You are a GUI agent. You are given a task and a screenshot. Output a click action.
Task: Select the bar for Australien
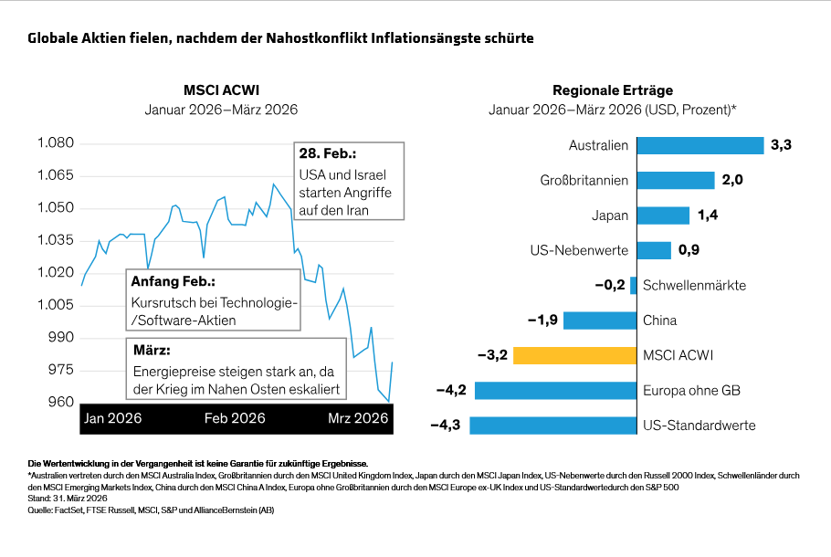pos(700,145)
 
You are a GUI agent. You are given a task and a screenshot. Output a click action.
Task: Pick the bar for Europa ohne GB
pos(556,390)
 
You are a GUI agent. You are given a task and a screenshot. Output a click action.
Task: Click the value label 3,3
pos(781,145)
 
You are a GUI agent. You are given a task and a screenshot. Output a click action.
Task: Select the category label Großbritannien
pos(584,181)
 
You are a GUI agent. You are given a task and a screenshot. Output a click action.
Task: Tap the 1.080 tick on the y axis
pos(55,143)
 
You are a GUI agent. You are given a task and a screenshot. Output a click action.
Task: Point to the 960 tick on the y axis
pos(60,403)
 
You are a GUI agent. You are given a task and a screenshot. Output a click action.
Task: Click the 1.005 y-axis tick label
pos(55,306)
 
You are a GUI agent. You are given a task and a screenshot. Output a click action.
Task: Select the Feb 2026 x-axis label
pos(235,418)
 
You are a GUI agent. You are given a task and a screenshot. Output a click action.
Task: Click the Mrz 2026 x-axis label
pos(358,418)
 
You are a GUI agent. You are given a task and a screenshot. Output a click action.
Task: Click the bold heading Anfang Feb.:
pos(174,281)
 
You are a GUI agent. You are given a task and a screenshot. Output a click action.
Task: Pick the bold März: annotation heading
pos(152,351)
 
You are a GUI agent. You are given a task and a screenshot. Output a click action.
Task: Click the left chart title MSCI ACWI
pos(221,90)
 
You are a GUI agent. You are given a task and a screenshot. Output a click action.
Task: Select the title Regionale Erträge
pos(613,90)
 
